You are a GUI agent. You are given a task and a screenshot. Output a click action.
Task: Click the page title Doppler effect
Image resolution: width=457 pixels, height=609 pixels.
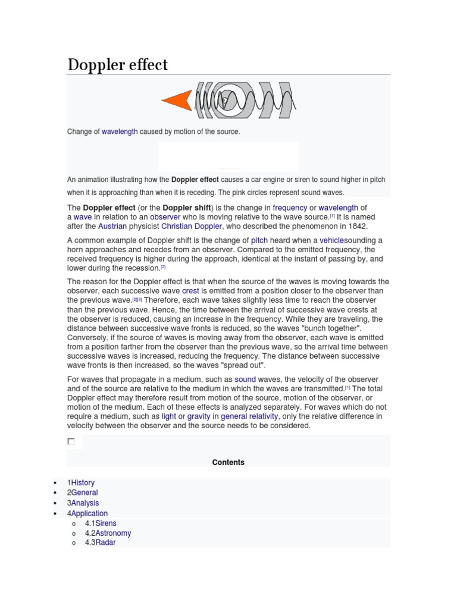pos(118,64)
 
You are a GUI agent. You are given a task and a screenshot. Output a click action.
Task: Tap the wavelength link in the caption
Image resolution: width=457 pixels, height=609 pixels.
pos(120,131)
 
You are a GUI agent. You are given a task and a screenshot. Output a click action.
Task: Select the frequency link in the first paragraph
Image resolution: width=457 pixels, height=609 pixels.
pos(290,208)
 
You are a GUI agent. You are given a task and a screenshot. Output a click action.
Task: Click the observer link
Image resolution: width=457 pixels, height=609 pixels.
pos(165,217)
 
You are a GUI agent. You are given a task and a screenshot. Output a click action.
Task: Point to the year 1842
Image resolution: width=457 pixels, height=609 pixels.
pos(357,227)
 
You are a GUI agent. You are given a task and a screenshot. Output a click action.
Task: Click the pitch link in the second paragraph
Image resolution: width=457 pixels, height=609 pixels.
pos(259,240)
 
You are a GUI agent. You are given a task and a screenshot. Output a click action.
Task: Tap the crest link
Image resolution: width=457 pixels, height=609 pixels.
pos(190,291)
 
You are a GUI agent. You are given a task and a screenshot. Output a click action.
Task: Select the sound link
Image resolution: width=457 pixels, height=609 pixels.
pos(245,379)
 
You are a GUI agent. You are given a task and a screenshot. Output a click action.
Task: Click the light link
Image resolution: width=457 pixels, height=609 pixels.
pos(169,416)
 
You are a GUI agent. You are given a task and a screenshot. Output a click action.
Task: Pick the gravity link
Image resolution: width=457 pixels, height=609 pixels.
pos(199,416)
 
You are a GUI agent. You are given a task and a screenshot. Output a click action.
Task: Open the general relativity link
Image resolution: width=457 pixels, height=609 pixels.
pos(249,416)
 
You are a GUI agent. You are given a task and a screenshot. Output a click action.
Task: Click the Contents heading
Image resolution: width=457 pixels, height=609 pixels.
pos(228,462)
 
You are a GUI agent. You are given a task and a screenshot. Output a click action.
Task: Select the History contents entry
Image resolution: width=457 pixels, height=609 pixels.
pos(83,483)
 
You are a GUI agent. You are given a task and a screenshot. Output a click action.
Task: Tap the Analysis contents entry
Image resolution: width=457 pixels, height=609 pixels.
pos(85,503)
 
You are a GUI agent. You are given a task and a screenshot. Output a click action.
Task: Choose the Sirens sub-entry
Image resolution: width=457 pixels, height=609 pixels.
pos(106,523)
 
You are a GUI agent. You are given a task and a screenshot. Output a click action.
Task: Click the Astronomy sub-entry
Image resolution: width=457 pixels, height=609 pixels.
pos(113,533)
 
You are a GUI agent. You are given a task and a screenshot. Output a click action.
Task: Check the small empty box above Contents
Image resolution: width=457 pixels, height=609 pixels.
pos(71,441)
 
